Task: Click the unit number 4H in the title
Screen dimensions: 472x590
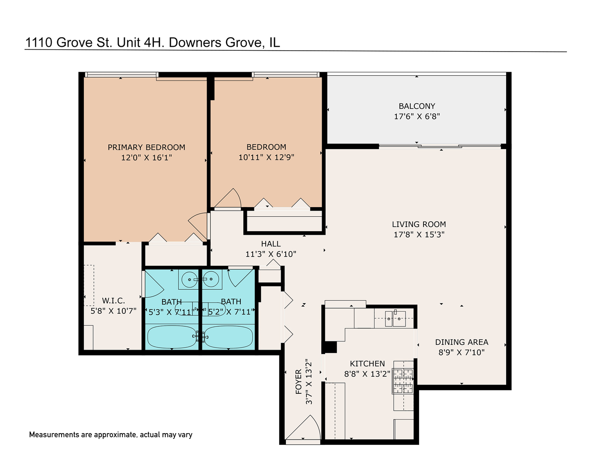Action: pyautogui.click(x=154, y=42)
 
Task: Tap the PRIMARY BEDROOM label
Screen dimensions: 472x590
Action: pyautogui.click(x=146, y=147)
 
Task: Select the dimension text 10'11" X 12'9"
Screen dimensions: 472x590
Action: pyautogui.click(x=266, y=157)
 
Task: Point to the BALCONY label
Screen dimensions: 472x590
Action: pyautogui.click(x=417, y=106)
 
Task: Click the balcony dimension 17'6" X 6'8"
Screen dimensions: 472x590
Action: pyautogui.click(x=417, y=116)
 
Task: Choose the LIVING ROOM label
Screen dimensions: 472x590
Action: pyautogui.click(x=419, y=224)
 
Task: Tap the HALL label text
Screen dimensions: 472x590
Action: pyautogui.click(x=271, y=244)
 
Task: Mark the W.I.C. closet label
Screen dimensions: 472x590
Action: pyautogui.click(x=114, y=301)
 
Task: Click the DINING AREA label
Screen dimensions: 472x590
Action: pyautogui.click(x=462, y=342)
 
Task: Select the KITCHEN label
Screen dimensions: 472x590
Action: pyautogui.click(x=367, y=364)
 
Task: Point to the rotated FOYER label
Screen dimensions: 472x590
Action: pyautogui.click(x=299, y=382)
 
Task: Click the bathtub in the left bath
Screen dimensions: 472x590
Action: pyautogui.click(x=171, y=337)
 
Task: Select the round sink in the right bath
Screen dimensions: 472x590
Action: pyautogui.click(x=211, y=278)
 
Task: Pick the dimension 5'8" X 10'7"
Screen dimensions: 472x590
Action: pyautogui.click(x=114, y=311)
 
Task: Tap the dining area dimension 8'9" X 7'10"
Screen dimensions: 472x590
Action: pyautogui.click(x=462, y=352)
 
